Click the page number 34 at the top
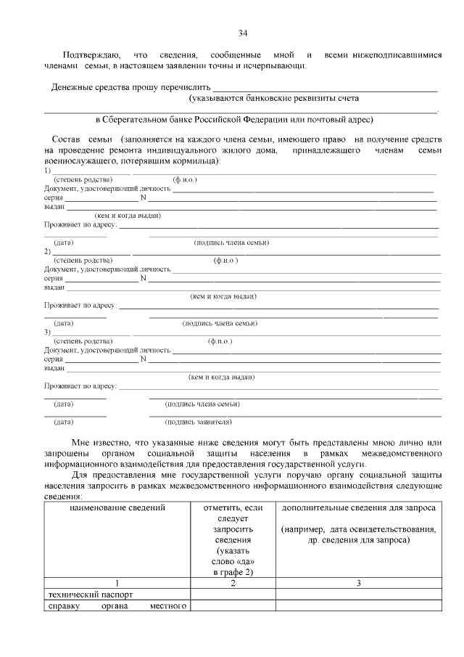pos(243,33)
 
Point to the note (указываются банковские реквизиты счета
pos(273,97)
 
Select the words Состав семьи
pos(80,138)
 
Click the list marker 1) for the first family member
pos(47,170)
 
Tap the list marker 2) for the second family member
pos(47,251)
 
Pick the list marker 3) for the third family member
pos(47,332)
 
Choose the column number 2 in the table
pos(233,583)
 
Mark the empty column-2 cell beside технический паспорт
pos(233,595)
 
